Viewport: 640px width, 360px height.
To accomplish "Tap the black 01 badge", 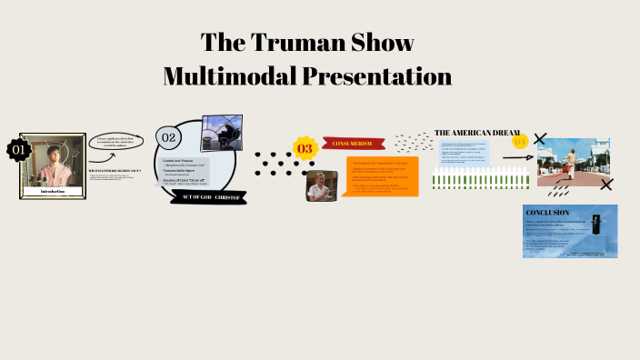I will click(17, 149).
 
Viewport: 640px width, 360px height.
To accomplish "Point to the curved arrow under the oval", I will click(122, 161).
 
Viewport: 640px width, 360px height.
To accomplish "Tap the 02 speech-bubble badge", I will click(168, 137).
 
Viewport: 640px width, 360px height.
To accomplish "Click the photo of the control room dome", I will click(220, 133).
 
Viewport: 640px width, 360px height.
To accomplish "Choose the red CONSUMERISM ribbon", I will click(353, 144).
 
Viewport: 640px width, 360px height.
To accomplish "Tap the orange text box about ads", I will click(383, 176).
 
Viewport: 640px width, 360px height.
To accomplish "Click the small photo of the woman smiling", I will click(317, 185).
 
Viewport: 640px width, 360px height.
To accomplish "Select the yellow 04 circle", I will click(520, 141).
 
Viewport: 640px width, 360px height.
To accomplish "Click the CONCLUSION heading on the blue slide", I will click(549, 213).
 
